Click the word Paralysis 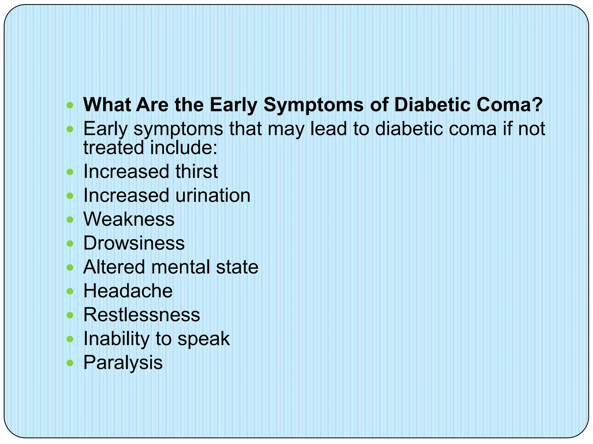point(123,363)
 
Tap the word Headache point(128,291)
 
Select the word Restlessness point(142,315)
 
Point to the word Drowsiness point(134,243)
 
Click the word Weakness point(129,219)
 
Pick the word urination point(213,195)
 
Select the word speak point(203,338)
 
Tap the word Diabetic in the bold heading point(432,105)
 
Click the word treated point(114,148)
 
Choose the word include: point(184,148)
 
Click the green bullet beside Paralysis point(70,363)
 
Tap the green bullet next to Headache point(70,291)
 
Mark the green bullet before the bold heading point(70,105)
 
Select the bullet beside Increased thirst point(70,172)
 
